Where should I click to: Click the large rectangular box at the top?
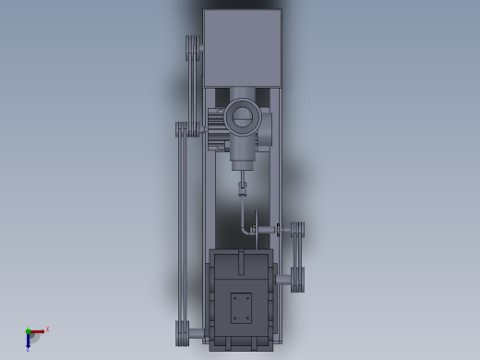(242, 48)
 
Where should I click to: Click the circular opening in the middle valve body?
(242, 116)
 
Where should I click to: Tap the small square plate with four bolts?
(241, 307)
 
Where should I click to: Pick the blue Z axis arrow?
(28, 341)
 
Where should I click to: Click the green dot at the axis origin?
(28, 331)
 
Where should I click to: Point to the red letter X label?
(47, 329)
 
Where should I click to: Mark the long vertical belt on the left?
(182, 231)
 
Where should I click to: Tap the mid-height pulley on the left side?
(182, 129)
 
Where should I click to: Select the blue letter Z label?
(29, 349)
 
